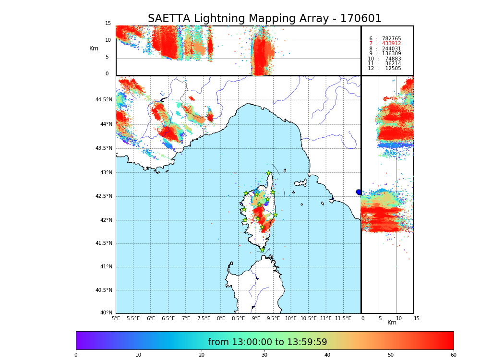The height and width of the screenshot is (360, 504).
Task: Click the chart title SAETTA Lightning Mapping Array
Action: tap(264, 19)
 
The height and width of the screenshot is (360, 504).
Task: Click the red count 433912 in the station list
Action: tap(391, 44)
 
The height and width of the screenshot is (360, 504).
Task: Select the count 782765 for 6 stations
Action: tap(391, 39)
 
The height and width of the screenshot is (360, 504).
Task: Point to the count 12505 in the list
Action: tap(393, 69)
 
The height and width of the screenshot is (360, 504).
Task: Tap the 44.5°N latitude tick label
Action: tap(104, 100)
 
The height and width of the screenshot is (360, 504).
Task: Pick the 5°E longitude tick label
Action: tap(116, 318)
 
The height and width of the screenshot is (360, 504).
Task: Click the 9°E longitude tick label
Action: tap(256, 318)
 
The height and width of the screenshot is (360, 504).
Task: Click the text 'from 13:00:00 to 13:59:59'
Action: tap(267, 342)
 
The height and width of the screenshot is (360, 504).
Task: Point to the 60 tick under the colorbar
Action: tap(453, 355)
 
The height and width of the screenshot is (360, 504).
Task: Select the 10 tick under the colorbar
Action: tap(138, 355)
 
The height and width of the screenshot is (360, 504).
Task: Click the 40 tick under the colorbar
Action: tap(327, 355)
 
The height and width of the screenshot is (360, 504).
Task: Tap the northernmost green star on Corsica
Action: tap(269, 173)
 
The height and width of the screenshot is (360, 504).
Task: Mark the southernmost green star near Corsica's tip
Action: tap(262, 250)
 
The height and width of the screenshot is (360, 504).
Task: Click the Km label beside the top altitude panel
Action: tap(94, 48)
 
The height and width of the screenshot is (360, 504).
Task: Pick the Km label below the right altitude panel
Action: tap(392, 323)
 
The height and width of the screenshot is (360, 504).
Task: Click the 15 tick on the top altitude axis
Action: tap(108, 24)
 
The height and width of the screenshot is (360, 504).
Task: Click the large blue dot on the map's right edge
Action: tap(359, 192)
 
